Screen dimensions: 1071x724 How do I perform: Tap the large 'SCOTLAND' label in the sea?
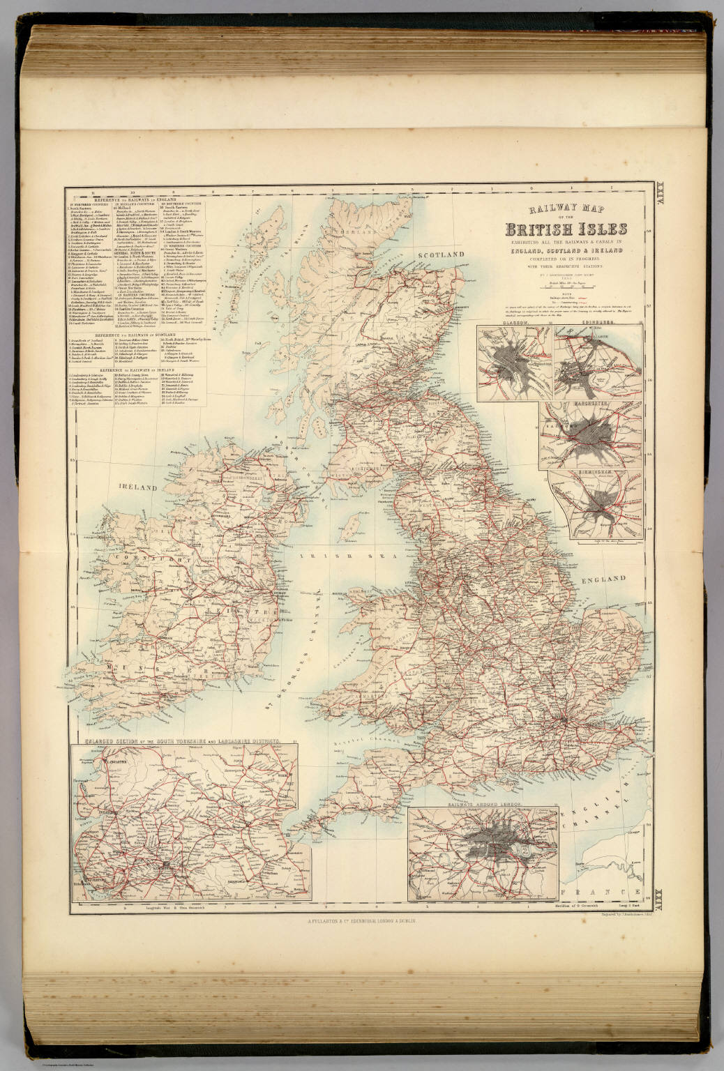pos(437,255)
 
